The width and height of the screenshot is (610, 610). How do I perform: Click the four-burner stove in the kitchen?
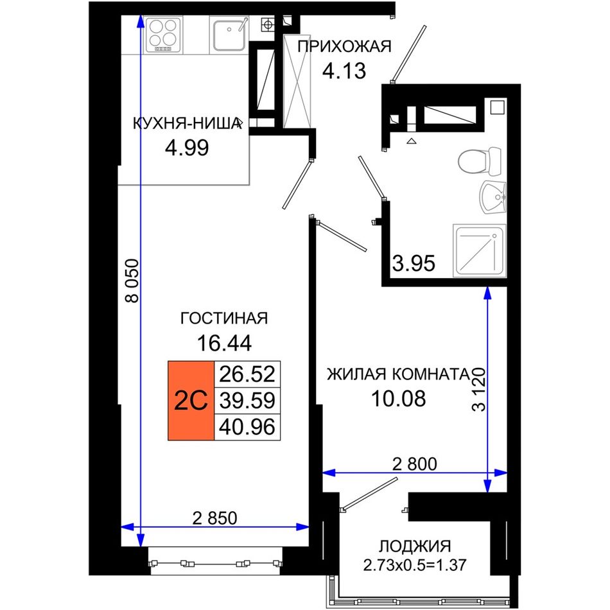[x=162, y=35]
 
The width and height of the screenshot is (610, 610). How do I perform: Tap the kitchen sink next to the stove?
[x=229, y=35]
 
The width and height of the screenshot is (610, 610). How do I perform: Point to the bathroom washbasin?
[x=492, y=197]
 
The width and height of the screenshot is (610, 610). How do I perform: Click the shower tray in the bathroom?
[x=480, y=250]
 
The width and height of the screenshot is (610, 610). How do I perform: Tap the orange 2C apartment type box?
[x=191, y=401]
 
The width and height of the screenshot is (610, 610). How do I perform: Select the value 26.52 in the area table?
[x=247, y=374]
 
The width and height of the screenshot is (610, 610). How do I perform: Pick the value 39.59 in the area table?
[x=247, y=400]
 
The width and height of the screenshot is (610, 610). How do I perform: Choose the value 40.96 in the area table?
[x=247, y=427]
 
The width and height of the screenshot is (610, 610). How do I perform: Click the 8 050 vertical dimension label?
[x=132, y=281]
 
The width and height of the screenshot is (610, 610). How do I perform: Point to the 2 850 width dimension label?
[x=214, y=518]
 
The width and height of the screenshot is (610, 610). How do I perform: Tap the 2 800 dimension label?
[x=415, y=464]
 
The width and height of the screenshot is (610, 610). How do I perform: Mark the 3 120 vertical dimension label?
[x=479, y=389]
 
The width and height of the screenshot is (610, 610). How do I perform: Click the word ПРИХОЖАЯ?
[x=344, y=47]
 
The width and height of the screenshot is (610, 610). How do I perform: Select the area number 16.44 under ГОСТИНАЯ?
[x=225, y=343]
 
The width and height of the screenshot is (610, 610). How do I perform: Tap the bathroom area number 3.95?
[x=414, y=263]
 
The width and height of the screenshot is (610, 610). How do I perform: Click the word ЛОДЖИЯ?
[x=415, y=546]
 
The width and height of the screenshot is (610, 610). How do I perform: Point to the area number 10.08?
[x=399, y=398]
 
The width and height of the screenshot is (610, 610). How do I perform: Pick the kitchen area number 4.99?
[x=187, y=148]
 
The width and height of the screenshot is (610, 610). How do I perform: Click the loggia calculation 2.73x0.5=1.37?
[x=415, y=565]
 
